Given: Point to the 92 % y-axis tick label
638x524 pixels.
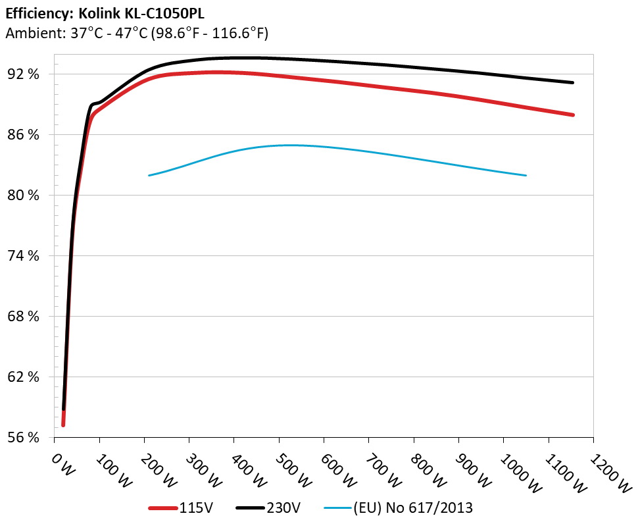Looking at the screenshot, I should (24, 74).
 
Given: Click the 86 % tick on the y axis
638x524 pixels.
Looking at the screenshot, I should (24, 135).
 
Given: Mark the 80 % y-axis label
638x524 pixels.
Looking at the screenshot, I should (24, 196).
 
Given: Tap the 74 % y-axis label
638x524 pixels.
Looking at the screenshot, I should (24, 256).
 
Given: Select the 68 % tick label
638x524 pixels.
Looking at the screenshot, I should (24, 317).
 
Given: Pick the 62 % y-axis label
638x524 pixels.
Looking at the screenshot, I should (24, 377).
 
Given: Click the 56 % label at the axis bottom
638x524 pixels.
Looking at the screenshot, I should (24, 438).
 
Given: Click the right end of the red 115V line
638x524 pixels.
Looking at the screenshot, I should (574, 115).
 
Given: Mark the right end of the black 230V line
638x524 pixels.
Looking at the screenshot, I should (573, 82).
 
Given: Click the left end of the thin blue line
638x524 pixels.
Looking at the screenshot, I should (150, 175).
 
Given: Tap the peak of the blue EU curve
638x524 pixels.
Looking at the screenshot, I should (289, 145).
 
